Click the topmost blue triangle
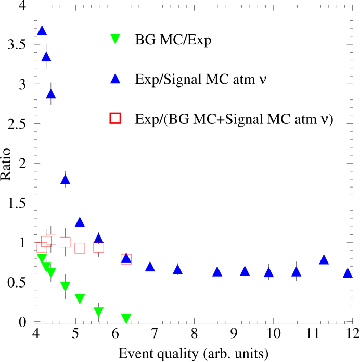point(42,30)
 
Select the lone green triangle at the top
point(115,39)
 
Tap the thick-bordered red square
point(115,118)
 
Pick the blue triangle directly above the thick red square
point(115,79)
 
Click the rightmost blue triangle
point(348,272)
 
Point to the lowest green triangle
point(126,318)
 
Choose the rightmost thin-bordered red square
point(126,259)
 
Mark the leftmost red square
point(42,247)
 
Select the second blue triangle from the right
point(324,259)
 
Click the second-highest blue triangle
point(46,56)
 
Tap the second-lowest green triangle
point(98,311)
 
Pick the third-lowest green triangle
point(80,298)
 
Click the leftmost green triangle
point(42,258)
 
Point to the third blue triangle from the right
point(296,271)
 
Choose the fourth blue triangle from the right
point(268,272)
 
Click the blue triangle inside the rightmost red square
point(126,257)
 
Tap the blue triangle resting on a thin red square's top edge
point(98,238)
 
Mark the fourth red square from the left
point(65,242)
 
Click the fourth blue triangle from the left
point(65,179)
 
